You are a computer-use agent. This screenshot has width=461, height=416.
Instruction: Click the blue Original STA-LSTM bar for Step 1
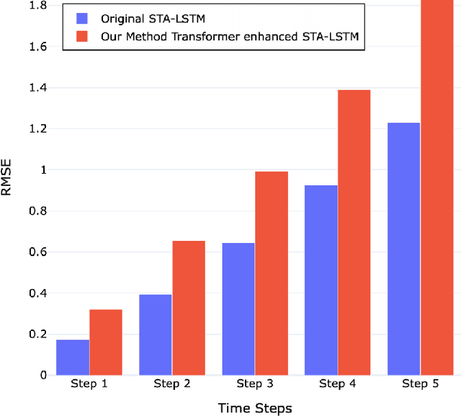pyautogui.click(x=73, y=357)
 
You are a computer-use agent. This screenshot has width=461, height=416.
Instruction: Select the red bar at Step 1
pyautogui.click(x=106, y=342)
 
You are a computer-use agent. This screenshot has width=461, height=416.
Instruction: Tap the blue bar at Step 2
pyautogui.click(x=156, y=335)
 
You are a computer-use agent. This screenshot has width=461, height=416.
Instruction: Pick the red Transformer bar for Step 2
pyautogui.click(x=189, y=308)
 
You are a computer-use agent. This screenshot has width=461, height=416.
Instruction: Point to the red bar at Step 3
pyautogui.click(x=272, y=273)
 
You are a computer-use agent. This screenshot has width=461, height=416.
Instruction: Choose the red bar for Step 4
pyautogui.click(x=354, y=232)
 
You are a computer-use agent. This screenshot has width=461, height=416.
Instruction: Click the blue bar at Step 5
pyautogui.click(x=403, y=249)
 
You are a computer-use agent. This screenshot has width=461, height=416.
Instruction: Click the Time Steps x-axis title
pyautogui.click(x=255, y=408)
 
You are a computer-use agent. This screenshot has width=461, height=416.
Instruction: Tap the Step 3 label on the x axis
pyautogui.click(x=255, y=384)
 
